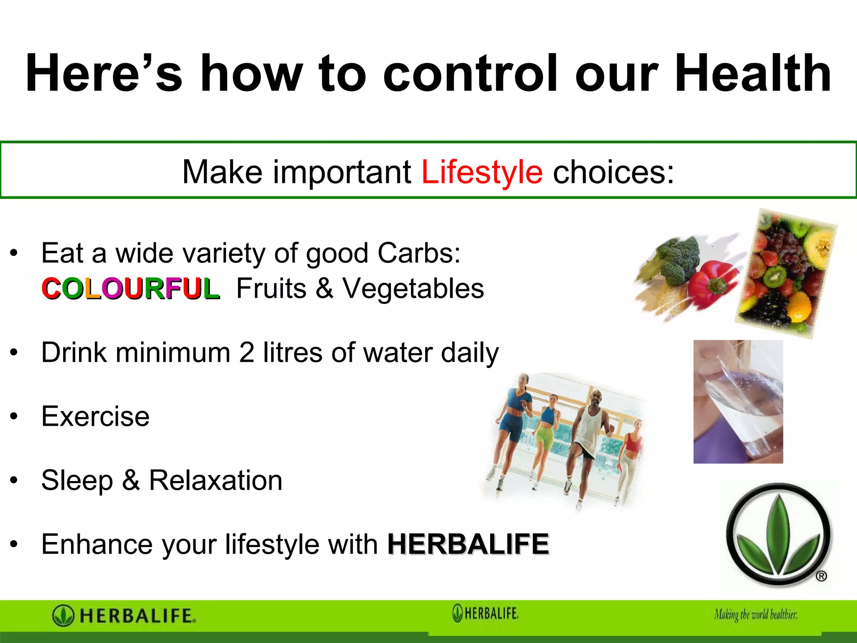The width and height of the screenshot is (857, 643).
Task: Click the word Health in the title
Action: tap(752, 74)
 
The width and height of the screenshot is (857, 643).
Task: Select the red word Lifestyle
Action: tap(482, 172)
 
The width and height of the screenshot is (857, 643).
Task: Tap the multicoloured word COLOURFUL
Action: tap(130, 289)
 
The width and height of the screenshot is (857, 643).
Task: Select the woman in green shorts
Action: tap(547, 435)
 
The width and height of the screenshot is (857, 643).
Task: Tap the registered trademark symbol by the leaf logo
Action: tap(821, 576)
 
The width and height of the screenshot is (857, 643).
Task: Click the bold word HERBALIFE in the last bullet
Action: tap(468, 544)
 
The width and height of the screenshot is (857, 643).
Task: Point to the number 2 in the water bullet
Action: tap(246, 352)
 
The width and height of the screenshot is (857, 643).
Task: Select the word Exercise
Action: tap(95, 417)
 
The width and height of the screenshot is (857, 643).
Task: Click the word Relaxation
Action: tap(216, 480)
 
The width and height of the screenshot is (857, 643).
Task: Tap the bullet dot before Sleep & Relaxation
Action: tap(14, 480)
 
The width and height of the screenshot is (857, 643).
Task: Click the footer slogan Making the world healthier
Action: tap(755, 615)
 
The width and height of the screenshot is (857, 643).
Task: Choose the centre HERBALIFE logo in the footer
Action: tap(485, 613)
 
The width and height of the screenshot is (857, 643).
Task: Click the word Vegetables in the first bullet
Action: tap(413, 289)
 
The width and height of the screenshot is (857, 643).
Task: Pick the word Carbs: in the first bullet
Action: tap(419, 253)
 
